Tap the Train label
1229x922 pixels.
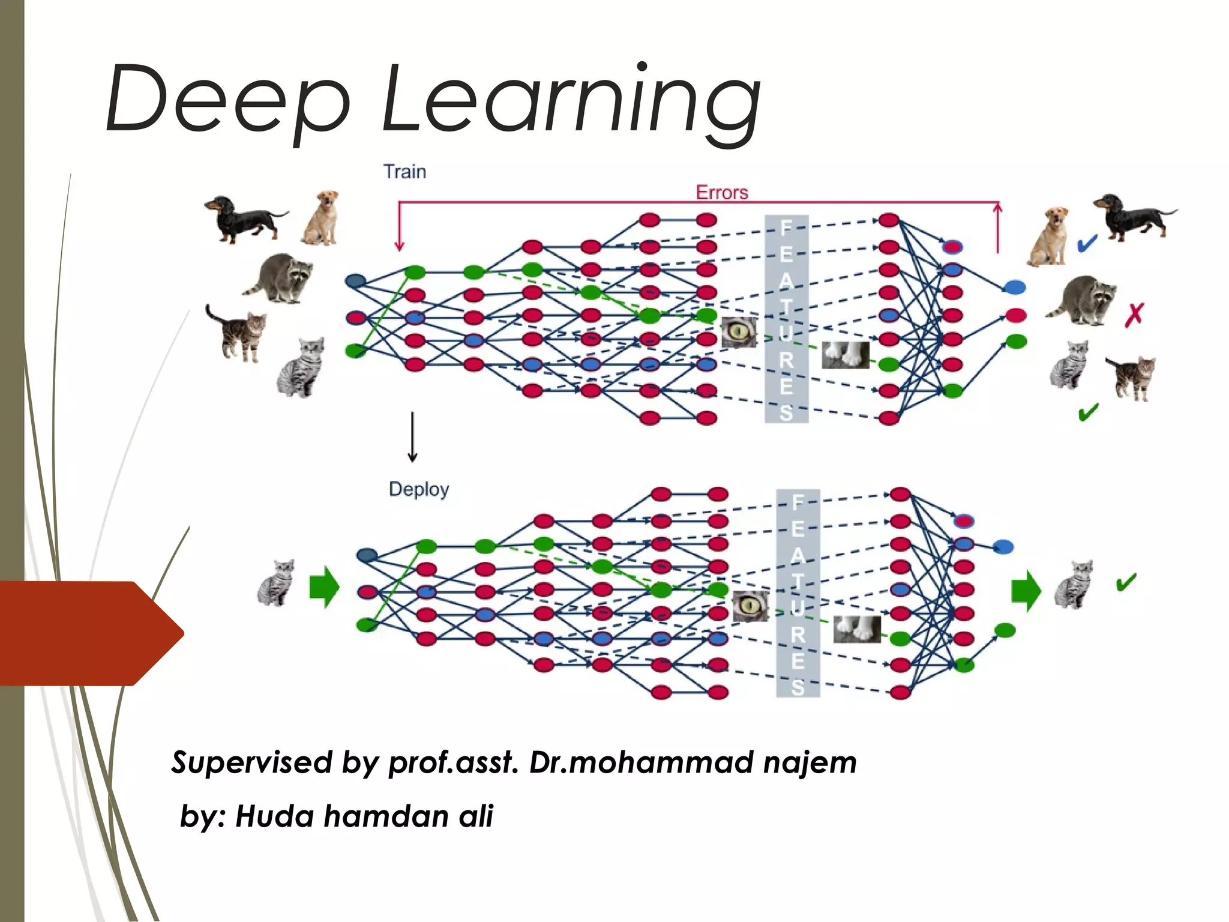coord(405,172)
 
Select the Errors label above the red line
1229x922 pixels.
coord(722,193)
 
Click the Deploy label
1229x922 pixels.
coord(419,489)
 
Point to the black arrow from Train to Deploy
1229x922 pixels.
coord(412,437)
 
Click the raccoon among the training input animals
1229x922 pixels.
coord(280,277)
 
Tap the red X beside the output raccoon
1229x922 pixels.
coord(1134,315)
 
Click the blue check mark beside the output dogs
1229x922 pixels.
coord(1087,243)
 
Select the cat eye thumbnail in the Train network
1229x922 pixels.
coord(739,332)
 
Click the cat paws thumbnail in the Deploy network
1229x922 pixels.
coord(857,629)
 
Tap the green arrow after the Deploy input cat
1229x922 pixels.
coord(324,586)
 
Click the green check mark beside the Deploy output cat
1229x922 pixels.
coord(1126,582)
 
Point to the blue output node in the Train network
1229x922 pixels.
coord(1015,288)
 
